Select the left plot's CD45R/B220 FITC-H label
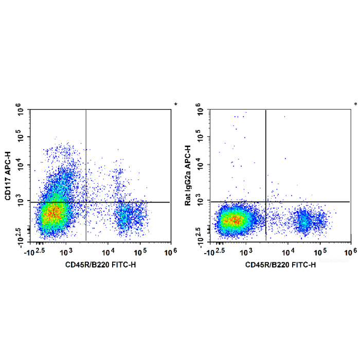coord(100,264)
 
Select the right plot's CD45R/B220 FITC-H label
coord(280,264)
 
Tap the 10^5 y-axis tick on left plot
coord(20,138)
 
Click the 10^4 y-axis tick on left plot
coord(20,166)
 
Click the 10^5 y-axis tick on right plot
coord(200,138)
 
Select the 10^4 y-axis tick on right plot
coord(200,166)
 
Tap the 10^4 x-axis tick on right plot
coord(289,251)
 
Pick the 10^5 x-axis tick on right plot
coord(320,251)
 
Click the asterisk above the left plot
coord(175,105)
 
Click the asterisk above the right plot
coord(355,105)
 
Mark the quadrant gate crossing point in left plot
coord(85,202)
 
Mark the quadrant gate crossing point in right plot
coord(265,202)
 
